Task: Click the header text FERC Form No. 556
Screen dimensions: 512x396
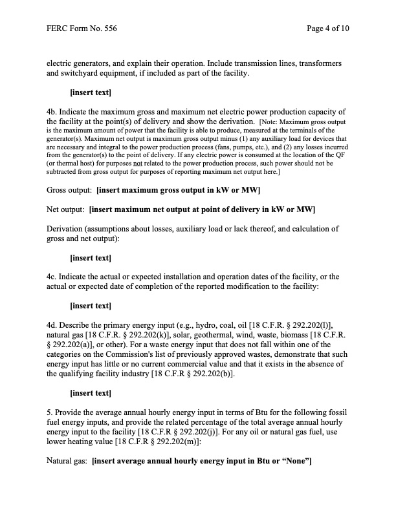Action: [82, 29]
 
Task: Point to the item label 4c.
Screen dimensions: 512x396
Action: [53, 277]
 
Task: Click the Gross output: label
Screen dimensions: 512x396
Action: [70, 190]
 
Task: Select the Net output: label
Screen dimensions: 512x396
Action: [66, 209]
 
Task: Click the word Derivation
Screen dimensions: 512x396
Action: [68, 229]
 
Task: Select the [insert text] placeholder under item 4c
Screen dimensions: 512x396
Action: [90, 305]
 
